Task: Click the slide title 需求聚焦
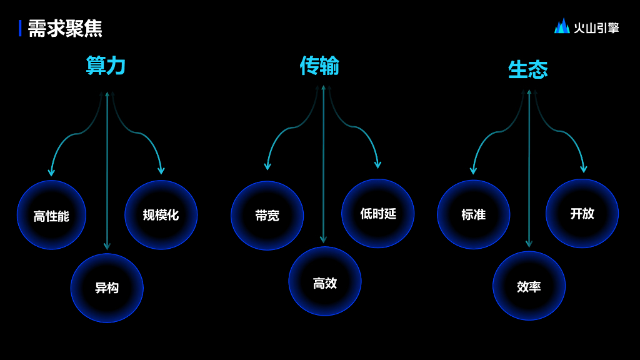65,28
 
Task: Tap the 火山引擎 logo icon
562,26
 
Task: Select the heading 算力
106,66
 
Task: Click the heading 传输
319,65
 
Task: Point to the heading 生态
528,69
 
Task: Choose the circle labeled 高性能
51,215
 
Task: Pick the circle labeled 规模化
161,215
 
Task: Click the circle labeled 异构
107,287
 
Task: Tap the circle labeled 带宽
267,216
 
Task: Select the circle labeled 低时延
377,214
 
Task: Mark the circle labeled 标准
473,214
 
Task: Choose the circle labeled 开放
582,214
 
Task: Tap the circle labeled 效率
529,286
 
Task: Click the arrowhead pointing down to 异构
107,246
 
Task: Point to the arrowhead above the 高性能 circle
51,172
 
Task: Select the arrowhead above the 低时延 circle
377,165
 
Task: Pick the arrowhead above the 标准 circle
473,171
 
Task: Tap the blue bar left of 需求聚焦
20,28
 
